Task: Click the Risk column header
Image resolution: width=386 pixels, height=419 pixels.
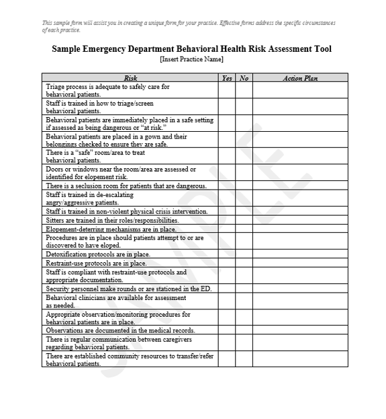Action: pos(130,78)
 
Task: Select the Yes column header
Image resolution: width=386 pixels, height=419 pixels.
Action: pos(227,78)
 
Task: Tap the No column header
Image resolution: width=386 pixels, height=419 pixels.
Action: pos(244,78)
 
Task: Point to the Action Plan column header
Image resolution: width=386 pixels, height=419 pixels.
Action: pos(300,78)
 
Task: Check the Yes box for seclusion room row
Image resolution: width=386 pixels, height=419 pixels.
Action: pos(227,186)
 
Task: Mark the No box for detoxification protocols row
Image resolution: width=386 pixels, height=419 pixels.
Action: pos(244,255)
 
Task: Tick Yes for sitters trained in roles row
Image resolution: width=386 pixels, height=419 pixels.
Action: pos(227,220)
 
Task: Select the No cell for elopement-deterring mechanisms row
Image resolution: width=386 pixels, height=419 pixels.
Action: pos(244,229)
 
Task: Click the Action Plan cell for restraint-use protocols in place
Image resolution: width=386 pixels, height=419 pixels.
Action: pos(300,264)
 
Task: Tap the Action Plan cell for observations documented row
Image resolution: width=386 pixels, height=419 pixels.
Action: pos(300,331)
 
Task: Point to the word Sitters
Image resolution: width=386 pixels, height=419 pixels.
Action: pos(55,220)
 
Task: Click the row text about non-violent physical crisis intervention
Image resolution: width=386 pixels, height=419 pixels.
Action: pos(127,211)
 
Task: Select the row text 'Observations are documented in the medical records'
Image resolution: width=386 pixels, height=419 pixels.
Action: pos(120,331)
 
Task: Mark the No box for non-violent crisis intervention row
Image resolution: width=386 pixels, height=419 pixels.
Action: pos(244,211)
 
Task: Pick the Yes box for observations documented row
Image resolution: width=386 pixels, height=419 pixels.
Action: pos(227,331)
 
